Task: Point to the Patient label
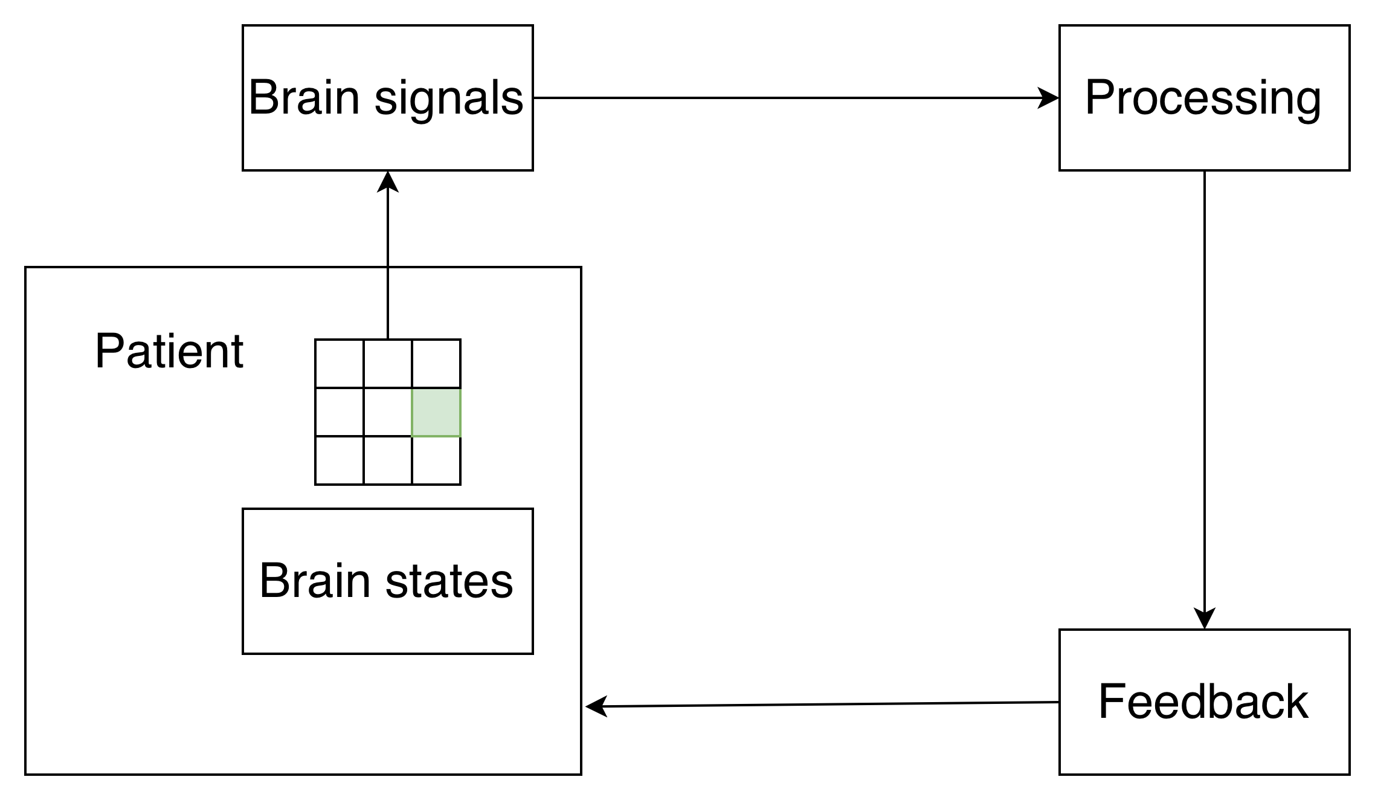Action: coord(169,351)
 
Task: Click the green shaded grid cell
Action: coord(436,412)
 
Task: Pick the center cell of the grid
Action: coord(388,412)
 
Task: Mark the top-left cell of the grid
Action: coord(340,364)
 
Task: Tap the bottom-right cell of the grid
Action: coord(436,460)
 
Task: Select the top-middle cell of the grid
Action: coord(388,364)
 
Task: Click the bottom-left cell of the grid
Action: coord(340,460)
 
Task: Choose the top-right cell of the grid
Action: coord(436,364)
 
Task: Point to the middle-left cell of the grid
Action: coord(340,412)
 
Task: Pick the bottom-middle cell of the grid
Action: coord(388,460)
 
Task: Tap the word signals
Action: coord(449,98)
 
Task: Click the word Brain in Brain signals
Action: coord(304,97)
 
